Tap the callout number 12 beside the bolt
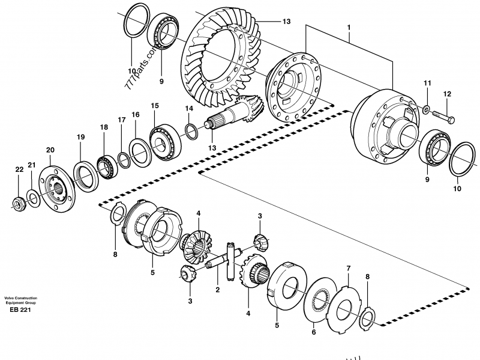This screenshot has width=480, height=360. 446,94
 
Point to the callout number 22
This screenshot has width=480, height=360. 19,170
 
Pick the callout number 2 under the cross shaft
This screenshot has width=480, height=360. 217,290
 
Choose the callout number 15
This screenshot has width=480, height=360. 154,106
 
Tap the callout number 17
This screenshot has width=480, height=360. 121,120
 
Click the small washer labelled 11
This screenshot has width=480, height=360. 426,109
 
